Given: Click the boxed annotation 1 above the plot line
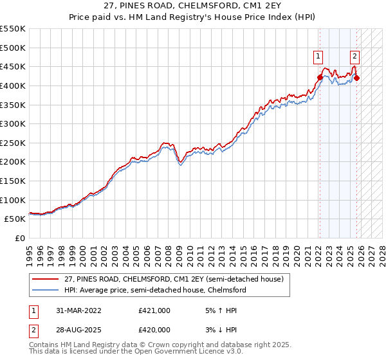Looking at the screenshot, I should click(x=319, y=57).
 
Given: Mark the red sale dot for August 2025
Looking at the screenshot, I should click(x=357, y=78).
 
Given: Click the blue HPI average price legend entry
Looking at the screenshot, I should click(x=154, y=290).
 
